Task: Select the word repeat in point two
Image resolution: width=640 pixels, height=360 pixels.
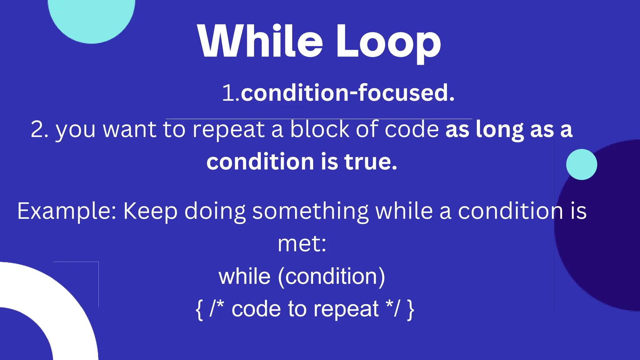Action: coord(228,129)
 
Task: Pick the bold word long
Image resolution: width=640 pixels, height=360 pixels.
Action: coord(499,129)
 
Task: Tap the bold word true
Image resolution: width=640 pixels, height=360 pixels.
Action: coord(371,162)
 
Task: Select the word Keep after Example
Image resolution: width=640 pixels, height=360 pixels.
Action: coord(150,211)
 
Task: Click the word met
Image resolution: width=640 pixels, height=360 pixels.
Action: coord(301,244)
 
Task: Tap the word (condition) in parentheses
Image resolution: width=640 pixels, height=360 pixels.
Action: coord(331,277)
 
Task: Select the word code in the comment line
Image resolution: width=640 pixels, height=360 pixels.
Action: coord(256,309)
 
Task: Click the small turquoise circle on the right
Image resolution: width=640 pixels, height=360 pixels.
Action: coord(581,164)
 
